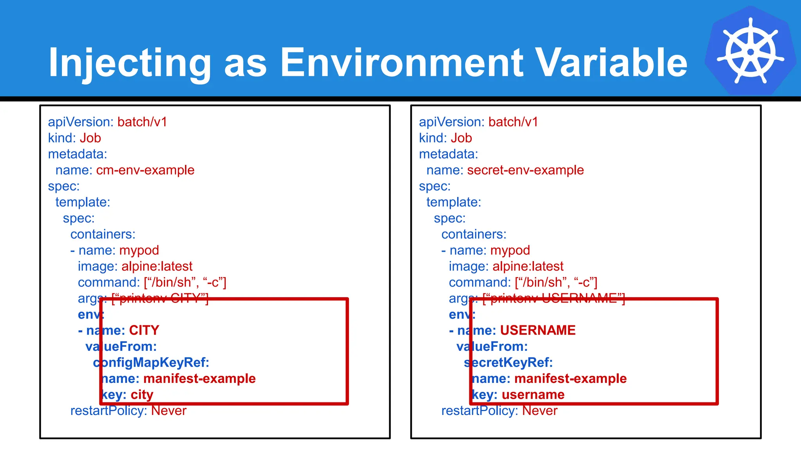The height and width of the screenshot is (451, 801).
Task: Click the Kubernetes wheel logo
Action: (x=750, y=51)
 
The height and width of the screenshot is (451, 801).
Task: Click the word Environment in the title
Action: (x=402, y=63)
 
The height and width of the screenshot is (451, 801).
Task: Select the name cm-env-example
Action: (x=145, y=170)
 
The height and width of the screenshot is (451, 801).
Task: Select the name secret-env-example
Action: (x=525, y=170)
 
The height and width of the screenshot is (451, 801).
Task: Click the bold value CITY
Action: (x=144, y=330)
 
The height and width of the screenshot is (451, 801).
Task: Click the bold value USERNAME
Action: (x=538, y=330)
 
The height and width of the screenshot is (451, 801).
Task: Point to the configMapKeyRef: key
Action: (x=151, y=363)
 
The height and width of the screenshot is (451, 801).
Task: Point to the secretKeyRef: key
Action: (x=508, y=363)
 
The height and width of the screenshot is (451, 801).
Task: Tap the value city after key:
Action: (x=142, y=395)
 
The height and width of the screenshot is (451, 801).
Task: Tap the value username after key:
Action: (x=533, y=395)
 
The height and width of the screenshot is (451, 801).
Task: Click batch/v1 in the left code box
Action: (x=142, y=122)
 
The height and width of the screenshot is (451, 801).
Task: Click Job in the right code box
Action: (x=461, y=138)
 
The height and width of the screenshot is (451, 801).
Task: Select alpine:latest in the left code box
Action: (x=157, y=267)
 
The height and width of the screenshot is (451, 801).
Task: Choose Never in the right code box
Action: (x=540, y=411)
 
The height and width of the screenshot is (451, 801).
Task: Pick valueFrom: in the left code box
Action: (x=121, y=346)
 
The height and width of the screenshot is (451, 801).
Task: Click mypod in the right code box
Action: (x=510, y=251)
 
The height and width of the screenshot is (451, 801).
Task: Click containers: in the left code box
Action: (x=103, y=235)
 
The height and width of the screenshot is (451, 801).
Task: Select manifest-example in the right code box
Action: (x=570, y=379)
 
